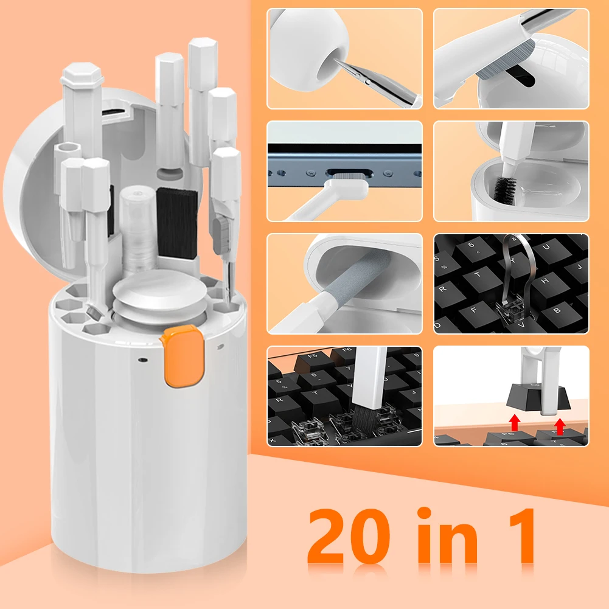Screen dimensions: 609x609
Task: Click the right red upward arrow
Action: pos(560,426)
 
